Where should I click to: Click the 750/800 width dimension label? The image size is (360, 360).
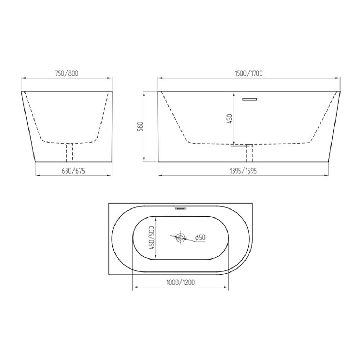[x=66, y=73]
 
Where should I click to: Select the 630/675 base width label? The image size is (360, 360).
[x=73, y=171]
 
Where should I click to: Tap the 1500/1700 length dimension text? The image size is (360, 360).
[x=249, y=73]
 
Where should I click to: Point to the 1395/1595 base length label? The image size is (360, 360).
[x=243, y=171]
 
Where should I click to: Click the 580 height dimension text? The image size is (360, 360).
[x=140, y=126]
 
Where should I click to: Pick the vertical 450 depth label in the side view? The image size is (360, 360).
[x=230, y=118]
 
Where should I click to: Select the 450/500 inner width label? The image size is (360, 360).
[x=152, y=238]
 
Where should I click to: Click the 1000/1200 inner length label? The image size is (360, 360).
[x=180, y=282]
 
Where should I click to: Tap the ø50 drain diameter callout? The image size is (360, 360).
[x=200, y=238]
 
